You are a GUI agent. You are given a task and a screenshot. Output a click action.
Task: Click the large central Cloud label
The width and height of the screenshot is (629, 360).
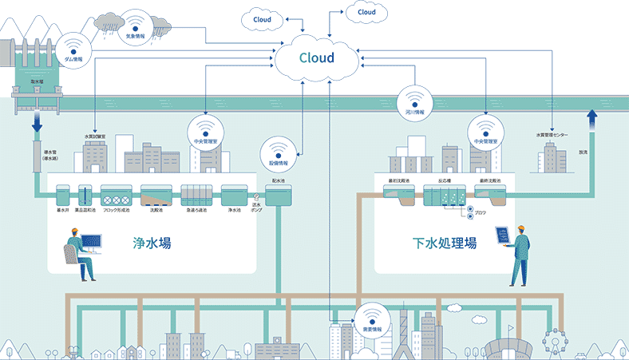317,57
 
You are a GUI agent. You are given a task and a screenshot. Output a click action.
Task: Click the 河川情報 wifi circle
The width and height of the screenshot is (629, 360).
414,103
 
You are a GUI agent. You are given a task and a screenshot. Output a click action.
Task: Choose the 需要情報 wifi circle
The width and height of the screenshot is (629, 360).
372,318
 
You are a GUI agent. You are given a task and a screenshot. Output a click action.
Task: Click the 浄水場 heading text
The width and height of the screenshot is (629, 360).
152,243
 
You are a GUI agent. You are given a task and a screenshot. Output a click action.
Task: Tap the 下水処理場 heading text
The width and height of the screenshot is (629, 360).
445,243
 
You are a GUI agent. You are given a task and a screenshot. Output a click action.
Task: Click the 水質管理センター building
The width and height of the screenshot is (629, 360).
551,160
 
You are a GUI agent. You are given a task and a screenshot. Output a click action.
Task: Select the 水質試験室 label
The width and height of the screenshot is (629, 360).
95,136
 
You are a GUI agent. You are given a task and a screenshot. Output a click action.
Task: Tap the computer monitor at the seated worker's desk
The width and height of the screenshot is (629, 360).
90,241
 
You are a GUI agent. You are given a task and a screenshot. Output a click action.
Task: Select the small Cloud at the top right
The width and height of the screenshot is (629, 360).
366,13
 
